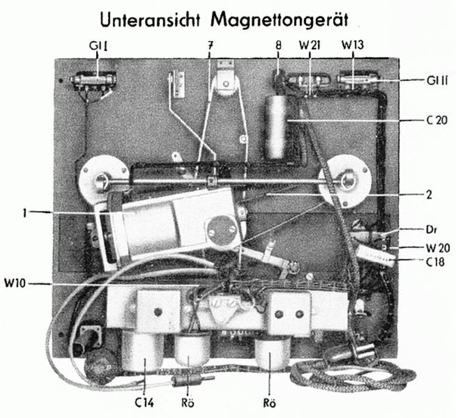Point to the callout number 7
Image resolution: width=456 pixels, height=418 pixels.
(209, 46)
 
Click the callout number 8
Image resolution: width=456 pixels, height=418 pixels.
(278, 46)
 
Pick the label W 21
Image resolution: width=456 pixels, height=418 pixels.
(310, 46)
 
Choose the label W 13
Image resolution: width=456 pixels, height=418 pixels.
(351, 46)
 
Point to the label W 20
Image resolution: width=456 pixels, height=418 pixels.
(435, 248)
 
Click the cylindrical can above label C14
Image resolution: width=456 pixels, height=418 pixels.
(144, 352)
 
